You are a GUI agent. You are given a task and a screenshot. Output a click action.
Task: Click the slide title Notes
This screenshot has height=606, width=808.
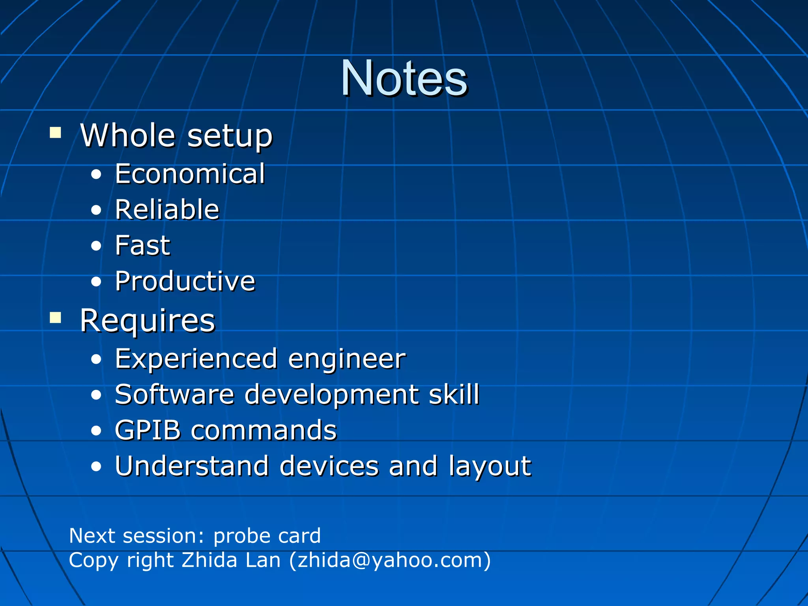coord(404,78)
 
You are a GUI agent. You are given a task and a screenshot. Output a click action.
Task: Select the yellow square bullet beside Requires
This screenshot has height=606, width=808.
coord(56,318)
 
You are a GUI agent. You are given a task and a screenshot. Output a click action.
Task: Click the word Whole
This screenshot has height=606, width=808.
coord(128,135)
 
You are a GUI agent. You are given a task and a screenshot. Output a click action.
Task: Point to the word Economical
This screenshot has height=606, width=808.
coord(190,174)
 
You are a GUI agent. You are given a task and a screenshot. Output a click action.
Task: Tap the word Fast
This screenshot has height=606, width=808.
coord(142,245)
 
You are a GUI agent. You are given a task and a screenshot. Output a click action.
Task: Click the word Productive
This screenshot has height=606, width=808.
coord(185,281)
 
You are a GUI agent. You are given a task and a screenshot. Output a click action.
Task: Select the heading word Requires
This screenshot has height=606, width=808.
coord(148,320)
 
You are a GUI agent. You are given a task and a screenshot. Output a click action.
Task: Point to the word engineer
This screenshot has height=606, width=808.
coord(346,359)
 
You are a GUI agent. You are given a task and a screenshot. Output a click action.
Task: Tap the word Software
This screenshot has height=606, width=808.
coord(174,394)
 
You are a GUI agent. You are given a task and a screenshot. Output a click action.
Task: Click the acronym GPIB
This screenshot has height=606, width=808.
coord(147,430)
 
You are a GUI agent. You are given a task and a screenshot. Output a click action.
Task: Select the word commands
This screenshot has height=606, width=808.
coord(264,430)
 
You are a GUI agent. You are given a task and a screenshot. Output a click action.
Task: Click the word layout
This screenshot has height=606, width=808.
coord(490,467)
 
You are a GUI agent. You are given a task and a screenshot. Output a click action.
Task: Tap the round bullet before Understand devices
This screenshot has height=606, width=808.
coord(96,467)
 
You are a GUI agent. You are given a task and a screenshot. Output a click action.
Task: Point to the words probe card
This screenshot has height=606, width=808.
coord(267,536)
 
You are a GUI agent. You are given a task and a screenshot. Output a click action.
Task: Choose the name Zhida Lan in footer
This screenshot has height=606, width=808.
coord(231,560)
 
